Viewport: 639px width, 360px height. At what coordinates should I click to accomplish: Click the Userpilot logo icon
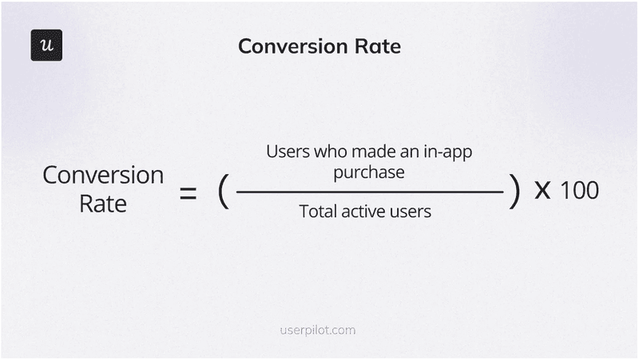[x=46, y=45]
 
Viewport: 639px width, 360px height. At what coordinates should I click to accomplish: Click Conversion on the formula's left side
[x=103, y=176]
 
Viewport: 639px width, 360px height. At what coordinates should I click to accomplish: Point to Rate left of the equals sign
[x=103, y=203]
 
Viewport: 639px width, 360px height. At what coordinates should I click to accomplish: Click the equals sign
[x=188, y=192]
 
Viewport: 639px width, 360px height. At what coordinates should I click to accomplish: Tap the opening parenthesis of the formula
[x=223, y=192]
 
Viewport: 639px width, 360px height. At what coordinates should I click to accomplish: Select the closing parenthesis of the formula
[x=514, y=192]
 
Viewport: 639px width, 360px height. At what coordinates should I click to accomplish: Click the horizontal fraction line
[x=369, y=192]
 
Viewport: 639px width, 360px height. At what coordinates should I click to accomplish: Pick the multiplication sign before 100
[x=542, y=192]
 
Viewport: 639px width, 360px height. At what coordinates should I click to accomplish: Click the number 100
[x=579, y=192]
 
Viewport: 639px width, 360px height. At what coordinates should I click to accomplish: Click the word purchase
[x=369, y=172]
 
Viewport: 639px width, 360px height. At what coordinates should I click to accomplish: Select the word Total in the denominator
[x=318, y=212]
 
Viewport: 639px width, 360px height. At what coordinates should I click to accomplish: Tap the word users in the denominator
[x=413, y=212]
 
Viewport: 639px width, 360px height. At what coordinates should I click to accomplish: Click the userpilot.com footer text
[x=319, y=330]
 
